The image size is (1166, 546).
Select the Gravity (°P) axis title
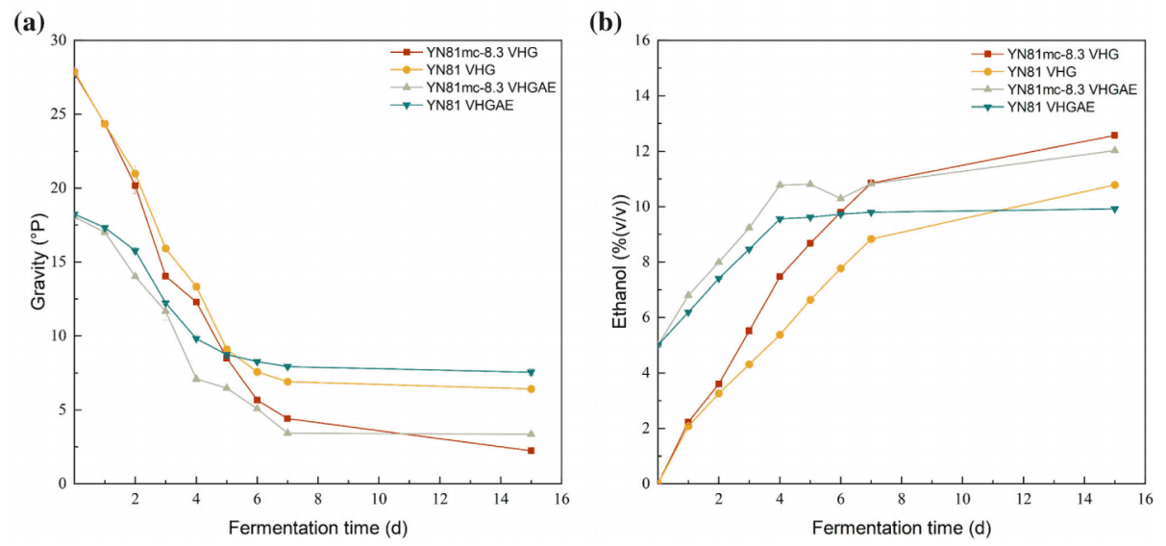(38, 262)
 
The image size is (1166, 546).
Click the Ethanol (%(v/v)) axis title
(622, 262)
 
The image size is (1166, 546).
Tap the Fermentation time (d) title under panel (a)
(317, 528)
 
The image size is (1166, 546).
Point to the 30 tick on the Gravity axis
(58, 40)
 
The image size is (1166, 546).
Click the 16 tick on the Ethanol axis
(641, 40)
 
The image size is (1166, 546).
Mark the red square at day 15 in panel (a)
(531, 451)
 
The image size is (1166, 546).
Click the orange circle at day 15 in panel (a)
(531, 388)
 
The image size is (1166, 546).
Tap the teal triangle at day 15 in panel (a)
(531, 372)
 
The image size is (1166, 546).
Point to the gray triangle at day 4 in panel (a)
(196, 378)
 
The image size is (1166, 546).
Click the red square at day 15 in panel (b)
(1114, 136)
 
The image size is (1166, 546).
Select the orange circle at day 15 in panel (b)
(1114, 185)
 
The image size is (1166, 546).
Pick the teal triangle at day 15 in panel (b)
(1114, 209)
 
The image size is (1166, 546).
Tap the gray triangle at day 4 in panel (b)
(780, 185)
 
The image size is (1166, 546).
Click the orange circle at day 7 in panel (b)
(871, 239)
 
